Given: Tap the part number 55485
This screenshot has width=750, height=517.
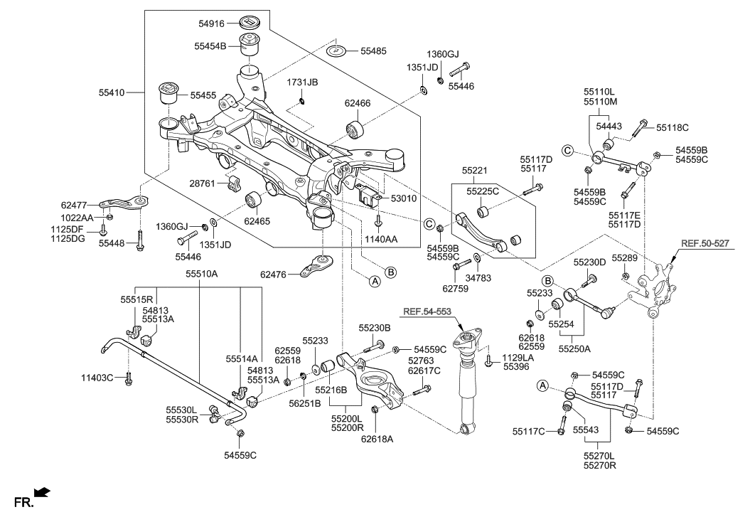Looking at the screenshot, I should [373, 51].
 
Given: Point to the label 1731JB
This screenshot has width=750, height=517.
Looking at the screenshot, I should [302, 83].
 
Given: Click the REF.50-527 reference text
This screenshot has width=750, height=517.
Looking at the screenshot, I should [705, 242].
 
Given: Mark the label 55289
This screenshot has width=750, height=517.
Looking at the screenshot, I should [624, 257].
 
